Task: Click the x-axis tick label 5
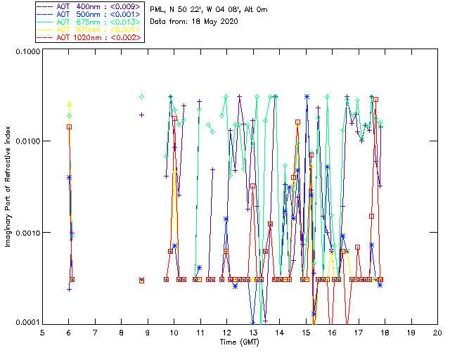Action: tap(43, 331)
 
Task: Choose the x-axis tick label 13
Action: tap(253, 331)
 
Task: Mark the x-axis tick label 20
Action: tap(437, 331)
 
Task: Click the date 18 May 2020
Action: tap(212, 21)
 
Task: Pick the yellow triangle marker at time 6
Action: tap(69, 105)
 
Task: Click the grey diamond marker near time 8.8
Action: tap(141, 96)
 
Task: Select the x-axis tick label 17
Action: tap(359, 331)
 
